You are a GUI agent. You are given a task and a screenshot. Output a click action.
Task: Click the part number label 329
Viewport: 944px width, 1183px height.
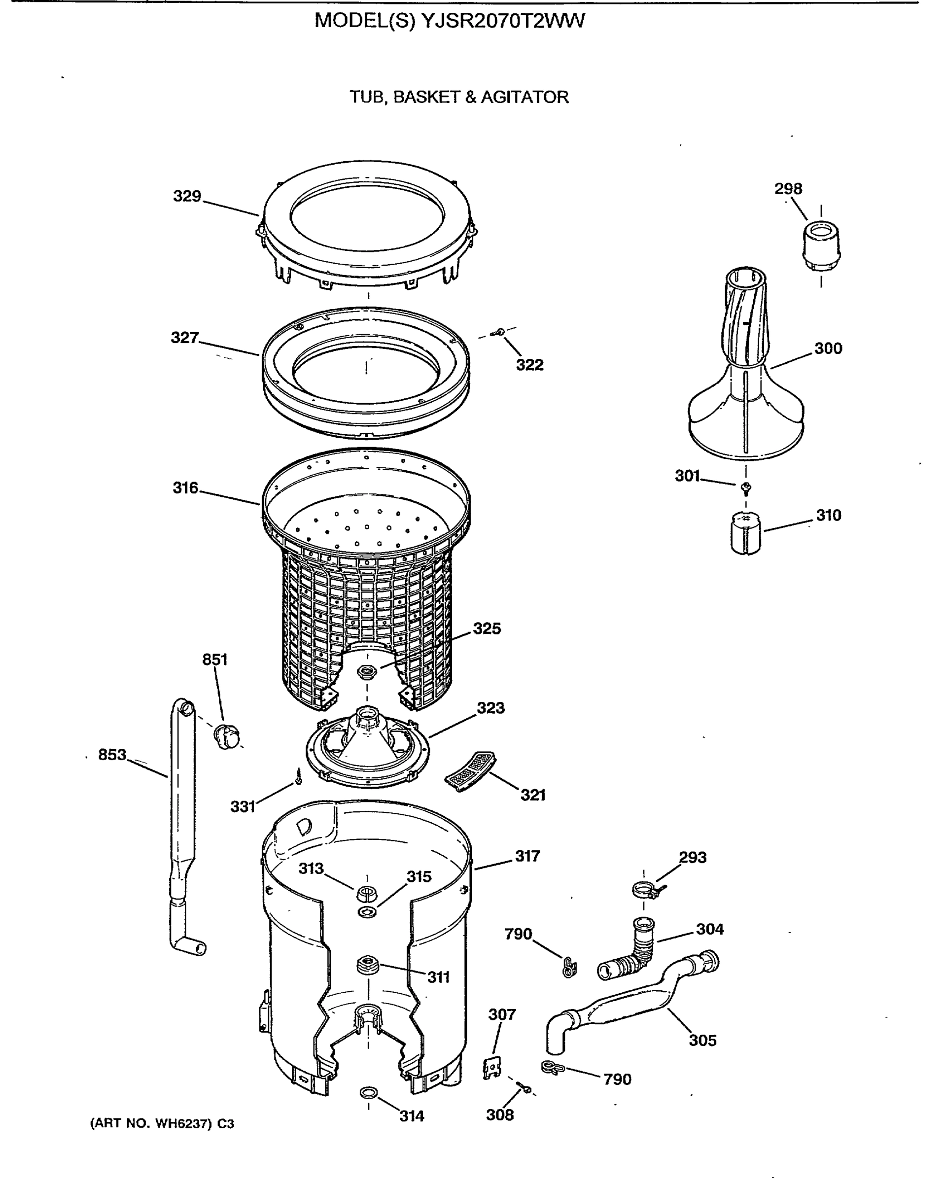(x=187, y=196)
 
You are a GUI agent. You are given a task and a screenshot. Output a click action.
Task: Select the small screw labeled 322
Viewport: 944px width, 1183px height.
(x=499, y=332)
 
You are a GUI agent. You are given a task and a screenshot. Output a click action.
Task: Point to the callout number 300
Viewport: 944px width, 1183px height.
(x=828, y=348)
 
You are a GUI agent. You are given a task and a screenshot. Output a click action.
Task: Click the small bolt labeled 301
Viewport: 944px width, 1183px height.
(x=746, y=486)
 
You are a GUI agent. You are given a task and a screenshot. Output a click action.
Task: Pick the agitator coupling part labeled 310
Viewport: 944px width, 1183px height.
(x=746, y=532)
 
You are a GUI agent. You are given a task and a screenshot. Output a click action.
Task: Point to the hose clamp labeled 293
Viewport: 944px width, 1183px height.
(x=645, y=889)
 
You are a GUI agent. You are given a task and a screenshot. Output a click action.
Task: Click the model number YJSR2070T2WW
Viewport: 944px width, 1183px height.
(x=503, y=21)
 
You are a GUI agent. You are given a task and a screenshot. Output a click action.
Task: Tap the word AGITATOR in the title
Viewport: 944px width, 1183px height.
(x=524, y=97)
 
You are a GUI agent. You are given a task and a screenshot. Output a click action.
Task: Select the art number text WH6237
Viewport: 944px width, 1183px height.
(x=182, y=1124)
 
